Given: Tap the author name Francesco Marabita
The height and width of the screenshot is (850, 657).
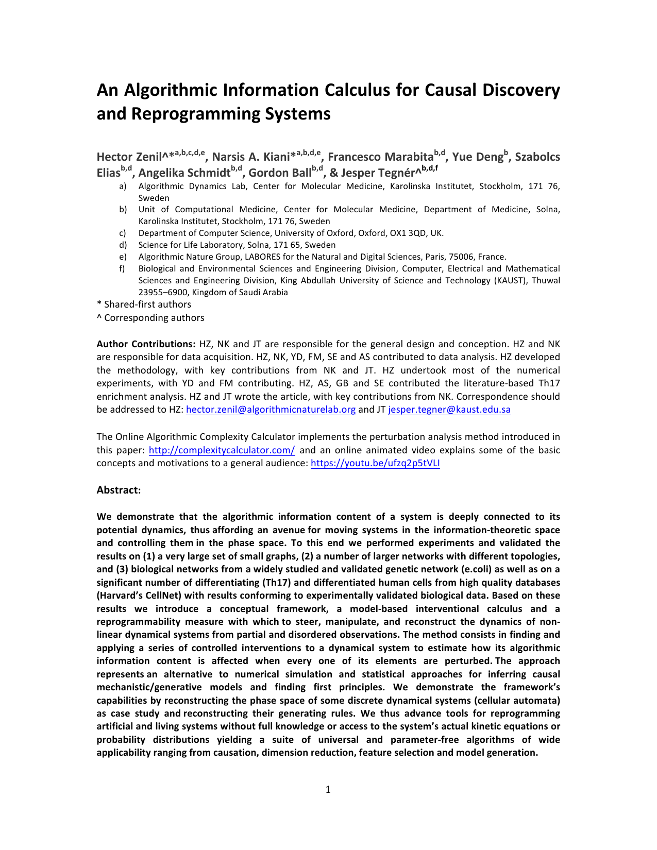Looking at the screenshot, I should (380, 157).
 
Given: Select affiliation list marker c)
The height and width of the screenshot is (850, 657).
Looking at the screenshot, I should (123, 233).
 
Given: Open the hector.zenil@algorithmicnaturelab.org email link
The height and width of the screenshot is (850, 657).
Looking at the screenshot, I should (271, 410).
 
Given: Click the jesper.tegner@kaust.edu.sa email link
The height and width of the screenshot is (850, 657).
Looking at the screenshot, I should (449, 410).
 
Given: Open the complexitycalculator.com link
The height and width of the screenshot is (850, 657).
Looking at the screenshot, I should (222, 450).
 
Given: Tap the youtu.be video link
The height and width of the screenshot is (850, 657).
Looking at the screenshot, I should (375, 463).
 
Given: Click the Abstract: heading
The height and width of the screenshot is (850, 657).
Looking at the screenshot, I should (119, 490).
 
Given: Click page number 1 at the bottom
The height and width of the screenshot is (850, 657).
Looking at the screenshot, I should (328, 790).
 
